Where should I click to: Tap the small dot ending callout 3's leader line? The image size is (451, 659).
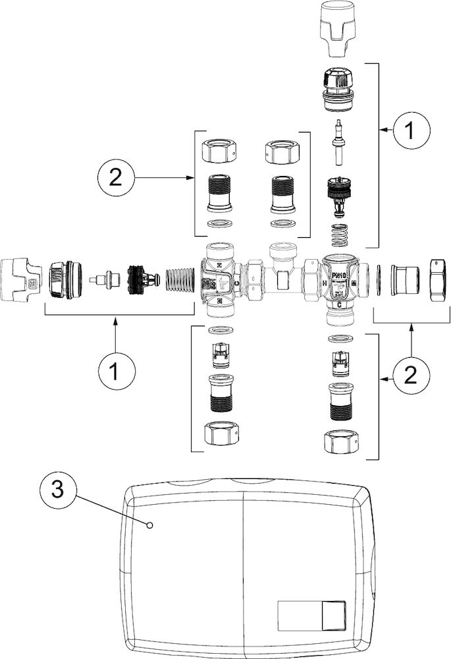(x=151, y=525)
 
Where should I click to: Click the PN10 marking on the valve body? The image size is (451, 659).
(x=340, y=270)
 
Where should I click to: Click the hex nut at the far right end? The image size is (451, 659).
(x=438, y=280)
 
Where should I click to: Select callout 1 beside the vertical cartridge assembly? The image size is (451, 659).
(x=408, y=131)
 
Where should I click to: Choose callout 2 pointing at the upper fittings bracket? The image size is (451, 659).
(x=116, y=177)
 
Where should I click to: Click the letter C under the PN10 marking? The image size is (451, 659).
(x=338, y=304)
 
